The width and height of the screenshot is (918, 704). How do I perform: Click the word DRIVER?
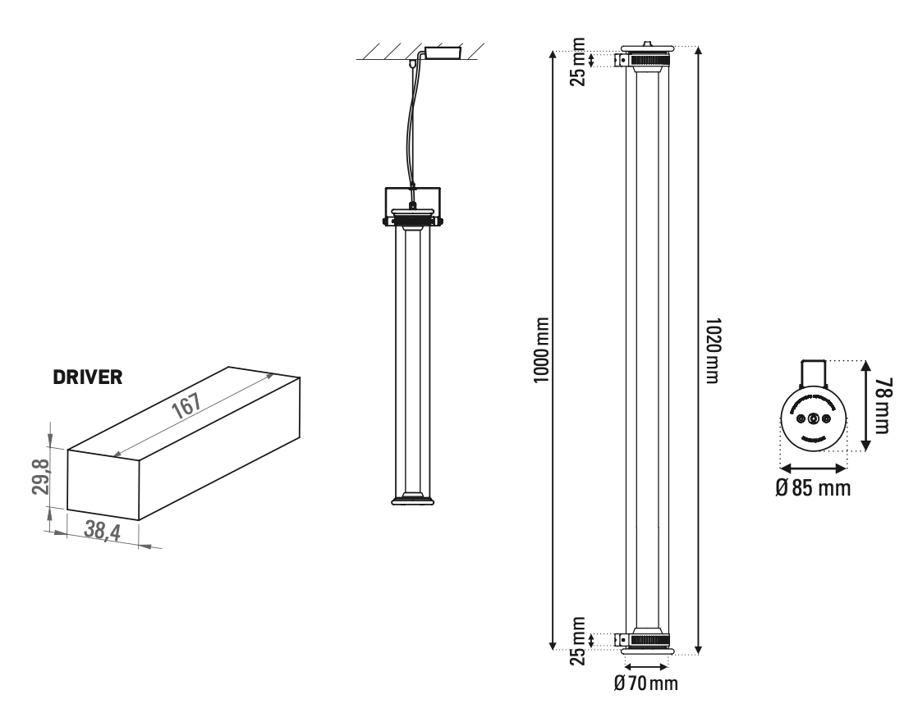(x=88, y=378)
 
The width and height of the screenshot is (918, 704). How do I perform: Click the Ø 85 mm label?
(x=813, y=488)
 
